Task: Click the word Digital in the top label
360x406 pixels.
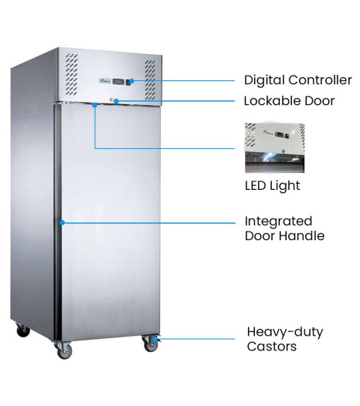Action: tap(265, 80)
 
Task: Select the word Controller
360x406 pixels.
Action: tap(320, 80)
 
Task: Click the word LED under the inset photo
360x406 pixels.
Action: tap(255, 186)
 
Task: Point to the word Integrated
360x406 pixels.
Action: tap(278, 222)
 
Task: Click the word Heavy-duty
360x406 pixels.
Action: tap(285, 332)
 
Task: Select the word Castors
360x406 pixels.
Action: tap(272, 347)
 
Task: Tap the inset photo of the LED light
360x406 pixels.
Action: tap(275, 148)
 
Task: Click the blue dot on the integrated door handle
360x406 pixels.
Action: tap(63, 222)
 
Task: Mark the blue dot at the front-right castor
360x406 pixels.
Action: tap(155, 339)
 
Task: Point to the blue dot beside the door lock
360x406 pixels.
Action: tap(117, 100)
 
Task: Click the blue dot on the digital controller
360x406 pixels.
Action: tap(132, 81)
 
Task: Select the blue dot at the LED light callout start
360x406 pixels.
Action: tap(95, 105)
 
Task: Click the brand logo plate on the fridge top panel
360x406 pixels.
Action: tap(105, 81)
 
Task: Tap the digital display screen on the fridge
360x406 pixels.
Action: tap(118, 82)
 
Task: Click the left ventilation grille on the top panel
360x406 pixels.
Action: tap(71, 74)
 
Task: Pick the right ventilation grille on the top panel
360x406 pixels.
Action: tap(150, 80)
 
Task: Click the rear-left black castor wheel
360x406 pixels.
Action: tap(23, 330)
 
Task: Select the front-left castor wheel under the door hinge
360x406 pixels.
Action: tap(64, 351)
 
